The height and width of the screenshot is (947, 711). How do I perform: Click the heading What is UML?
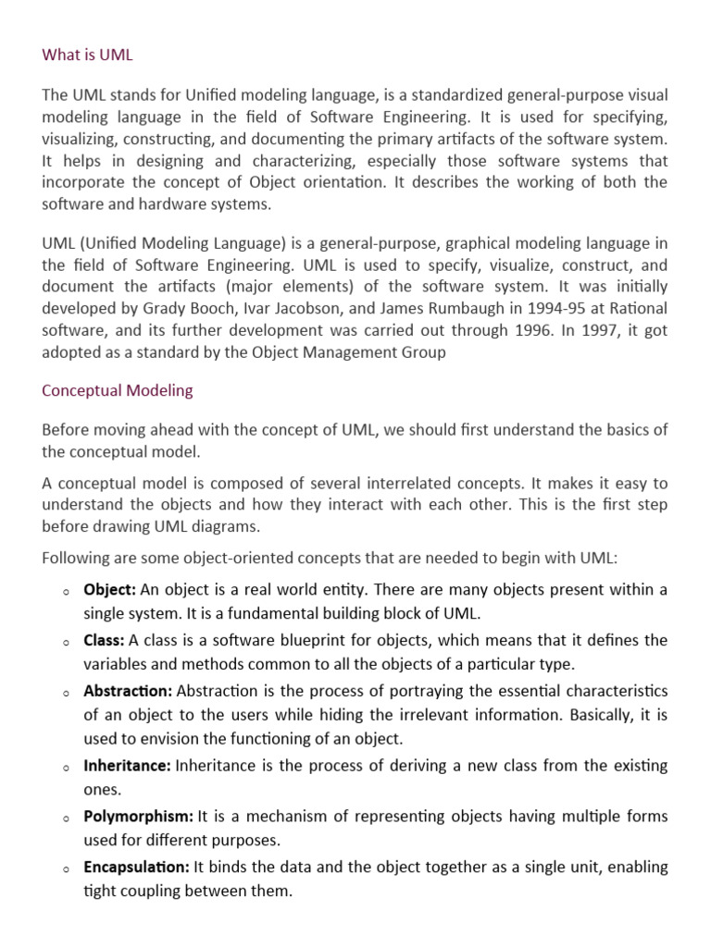point(88,55)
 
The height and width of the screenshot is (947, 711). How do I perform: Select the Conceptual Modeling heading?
point(118,390)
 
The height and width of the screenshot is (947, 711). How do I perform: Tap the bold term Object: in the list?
point(110,590)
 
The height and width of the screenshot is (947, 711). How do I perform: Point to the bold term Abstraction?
point(128,691)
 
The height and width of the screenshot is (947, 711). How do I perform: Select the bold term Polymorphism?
point(138,817)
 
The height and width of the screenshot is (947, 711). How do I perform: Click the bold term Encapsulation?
point(136,867)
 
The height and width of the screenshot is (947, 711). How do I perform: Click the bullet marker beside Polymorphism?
point(68,818)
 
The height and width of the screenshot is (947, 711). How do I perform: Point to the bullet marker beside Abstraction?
point(68,693)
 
